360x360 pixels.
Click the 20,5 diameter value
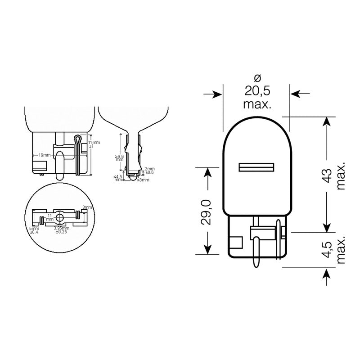[257, 91]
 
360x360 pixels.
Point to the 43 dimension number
[328, 174]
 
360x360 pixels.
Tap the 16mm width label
[44, 155]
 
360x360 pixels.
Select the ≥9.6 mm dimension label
[118, 158]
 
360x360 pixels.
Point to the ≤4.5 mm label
[118, 178]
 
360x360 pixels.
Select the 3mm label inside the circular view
[86, 208]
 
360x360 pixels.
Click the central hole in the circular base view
[60, 219]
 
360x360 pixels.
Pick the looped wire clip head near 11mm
[77, 138]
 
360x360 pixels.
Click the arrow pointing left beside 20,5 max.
[301, 94]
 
